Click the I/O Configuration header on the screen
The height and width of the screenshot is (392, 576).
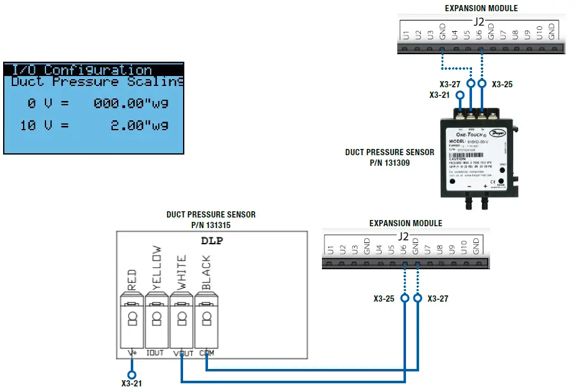82,70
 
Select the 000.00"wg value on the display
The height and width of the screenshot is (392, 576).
131,103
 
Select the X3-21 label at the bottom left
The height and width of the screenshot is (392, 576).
131,384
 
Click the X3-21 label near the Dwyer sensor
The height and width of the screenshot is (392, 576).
440,95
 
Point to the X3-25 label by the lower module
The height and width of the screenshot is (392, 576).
384,299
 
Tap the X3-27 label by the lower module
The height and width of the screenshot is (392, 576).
438,299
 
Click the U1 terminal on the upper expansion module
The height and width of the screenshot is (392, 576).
406,34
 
